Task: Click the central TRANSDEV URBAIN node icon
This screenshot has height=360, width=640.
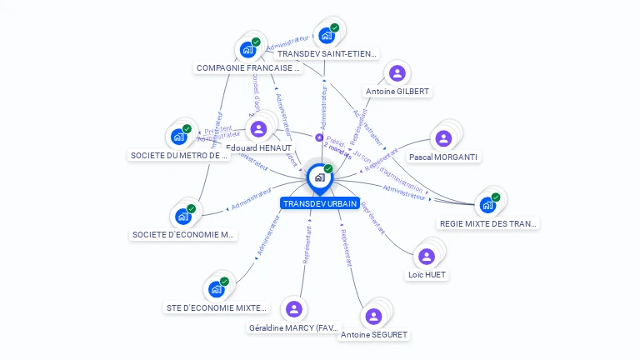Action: tap(318, 177)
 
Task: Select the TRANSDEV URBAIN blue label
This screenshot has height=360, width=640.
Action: tap(320, 203)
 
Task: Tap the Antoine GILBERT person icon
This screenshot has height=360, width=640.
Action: tap(397, 73)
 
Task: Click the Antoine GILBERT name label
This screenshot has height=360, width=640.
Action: tap(397, 91)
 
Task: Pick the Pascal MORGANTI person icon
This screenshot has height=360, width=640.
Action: tap(443, 138)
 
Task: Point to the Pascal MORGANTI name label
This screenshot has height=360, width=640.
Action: tap(443, 157)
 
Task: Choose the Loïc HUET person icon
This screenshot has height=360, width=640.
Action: tap(427, 256)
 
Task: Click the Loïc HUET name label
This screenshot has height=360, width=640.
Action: tap(427, 274)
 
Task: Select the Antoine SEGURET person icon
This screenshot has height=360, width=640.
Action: tap(373, 316)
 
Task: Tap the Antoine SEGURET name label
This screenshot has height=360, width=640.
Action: tap(374, 335)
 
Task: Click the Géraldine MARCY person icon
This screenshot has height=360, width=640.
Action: tap(293, 309)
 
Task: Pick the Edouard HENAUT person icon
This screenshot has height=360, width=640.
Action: tap(258, 128)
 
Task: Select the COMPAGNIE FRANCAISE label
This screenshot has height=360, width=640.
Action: tap(247, 68)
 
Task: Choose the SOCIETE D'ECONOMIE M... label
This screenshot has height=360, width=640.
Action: tap(183, 235)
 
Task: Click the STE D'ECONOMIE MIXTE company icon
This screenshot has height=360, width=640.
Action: tap(216, 289)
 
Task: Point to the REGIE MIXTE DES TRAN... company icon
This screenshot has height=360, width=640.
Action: tap(487, 205)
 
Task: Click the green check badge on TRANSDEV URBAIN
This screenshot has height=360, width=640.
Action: tap(328, 168)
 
